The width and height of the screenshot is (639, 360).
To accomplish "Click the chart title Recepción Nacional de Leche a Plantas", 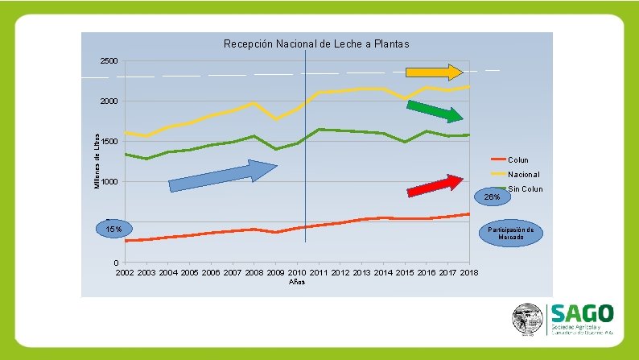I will click(x=316, y=43).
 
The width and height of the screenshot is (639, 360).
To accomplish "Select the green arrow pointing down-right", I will click(x=435, y=110).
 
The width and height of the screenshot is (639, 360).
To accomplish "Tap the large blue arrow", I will click(x=222, y=176).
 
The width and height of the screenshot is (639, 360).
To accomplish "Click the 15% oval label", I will click(x=114, y=230).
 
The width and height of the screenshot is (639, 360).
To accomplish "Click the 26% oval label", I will click(x=492, y=197).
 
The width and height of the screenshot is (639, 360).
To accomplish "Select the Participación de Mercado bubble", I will click(x=511, y=233).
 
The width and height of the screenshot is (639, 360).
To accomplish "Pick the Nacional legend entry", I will click(x=523, y=174).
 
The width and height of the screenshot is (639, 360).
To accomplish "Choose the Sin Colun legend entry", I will click(x=525, y=189).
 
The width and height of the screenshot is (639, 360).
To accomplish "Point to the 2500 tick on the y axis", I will click(x=109, y=61).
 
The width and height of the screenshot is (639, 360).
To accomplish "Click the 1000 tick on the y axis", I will click(x=109, y=182).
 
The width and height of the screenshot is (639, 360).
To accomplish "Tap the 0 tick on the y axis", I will click(x=116, y=263).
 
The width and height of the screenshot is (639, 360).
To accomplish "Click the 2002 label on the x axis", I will click(x=125, y=273).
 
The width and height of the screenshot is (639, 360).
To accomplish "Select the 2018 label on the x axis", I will click(x=469, y=273).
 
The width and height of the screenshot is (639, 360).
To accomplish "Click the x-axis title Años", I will click(x=297, y=282).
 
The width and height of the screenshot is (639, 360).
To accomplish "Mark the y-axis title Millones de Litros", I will click(x=97, y=162).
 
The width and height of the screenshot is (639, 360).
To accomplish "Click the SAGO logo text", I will click(x=582, y=312).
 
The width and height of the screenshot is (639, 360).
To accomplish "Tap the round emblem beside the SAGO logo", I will click(x=528, y=320).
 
